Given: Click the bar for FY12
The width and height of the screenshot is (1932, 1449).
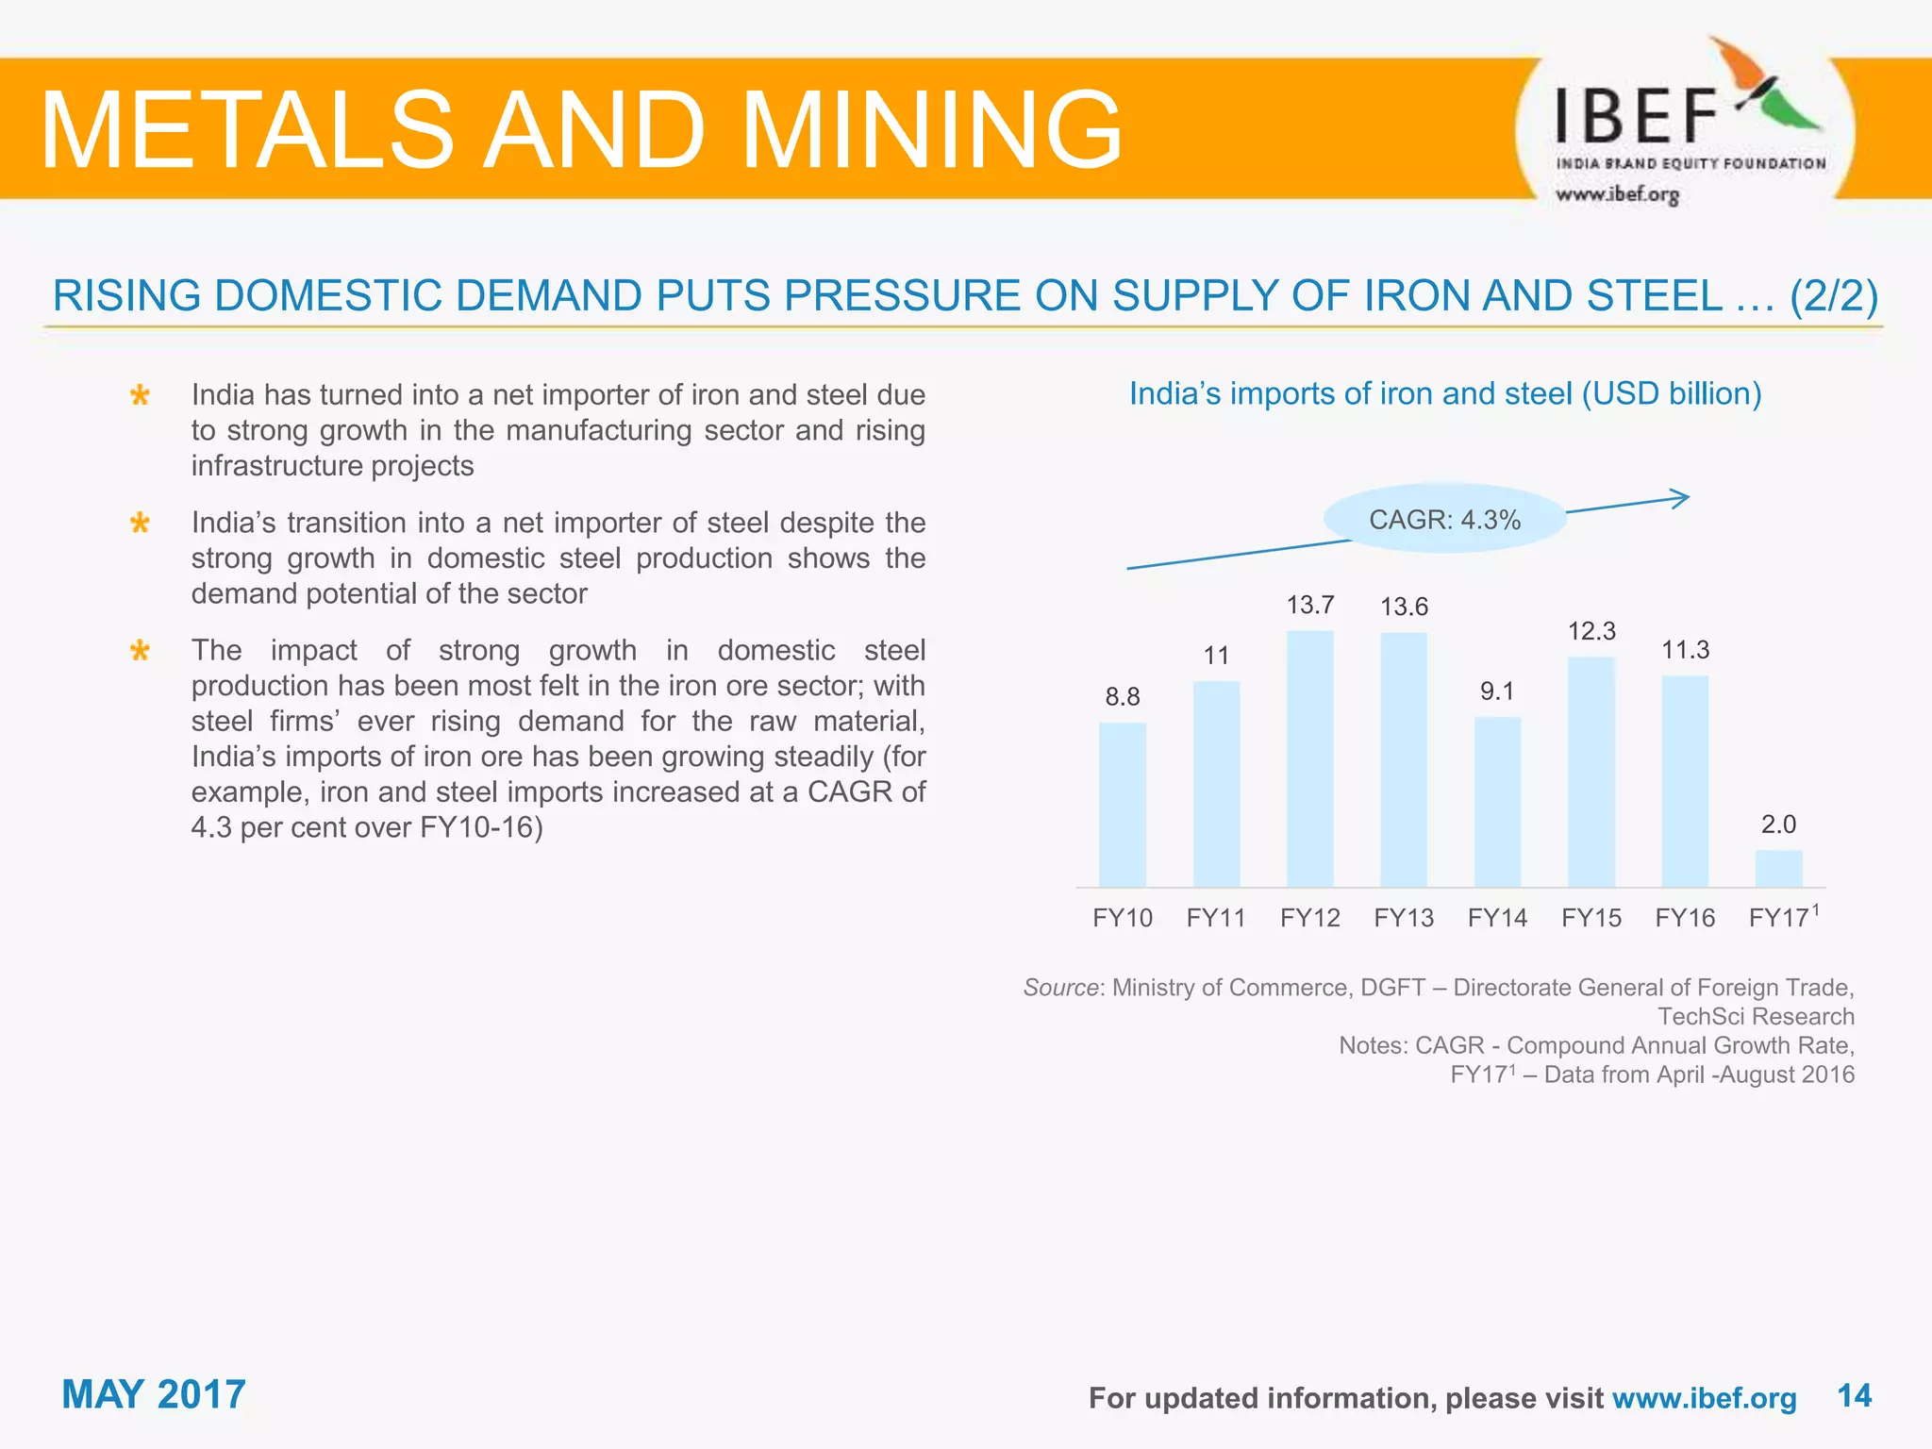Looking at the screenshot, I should (1309, 758).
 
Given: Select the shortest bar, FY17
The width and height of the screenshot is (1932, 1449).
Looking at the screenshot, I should (1778, 869).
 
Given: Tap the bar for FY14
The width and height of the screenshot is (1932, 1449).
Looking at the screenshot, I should (1497, 802).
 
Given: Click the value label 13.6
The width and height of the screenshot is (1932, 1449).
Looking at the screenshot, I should (1404, 607).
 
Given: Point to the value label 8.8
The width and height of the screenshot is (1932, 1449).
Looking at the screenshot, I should (1123, 697).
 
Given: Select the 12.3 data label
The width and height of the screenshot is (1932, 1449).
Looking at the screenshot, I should (1591, 631).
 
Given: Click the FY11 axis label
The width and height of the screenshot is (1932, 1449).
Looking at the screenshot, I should (1216, 918).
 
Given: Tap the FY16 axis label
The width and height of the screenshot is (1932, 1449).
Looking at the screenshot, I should (1685, 918).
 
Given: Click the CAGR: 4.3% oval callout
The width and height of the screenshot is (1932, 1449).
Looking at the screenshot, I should (1444, 520).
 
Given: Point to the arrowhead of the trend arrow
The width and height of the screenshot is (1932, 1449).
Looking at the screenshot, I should (1681, 498).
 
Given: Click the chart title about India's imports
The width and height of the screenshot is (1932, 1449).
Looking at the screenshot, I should (1445, 393).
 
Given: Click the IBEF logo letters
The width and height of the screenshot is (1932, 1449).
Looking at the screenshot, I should (1636, 117).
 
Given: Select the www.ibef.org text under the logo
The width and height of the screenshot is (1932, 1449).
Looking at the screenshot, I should (1617, 195).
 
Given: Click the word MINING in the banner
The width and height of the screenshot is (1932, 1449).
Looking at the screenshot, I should (932, 129).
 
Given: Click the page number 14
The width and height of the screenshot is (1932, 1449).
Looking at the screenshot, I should (1854, 1395).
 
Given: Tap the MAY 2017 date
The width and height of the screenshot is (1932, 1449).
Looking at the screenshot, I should (154, 1394).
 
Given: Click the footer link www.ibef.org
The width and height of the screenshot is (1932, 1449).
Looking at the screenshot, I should (1704, 1398).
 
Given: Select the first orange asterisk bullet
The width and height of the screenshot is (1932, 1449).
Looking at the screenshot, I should (140, 395).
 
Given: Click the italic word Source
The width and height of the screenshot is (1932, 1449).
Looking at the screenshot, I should (1060, 988).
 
